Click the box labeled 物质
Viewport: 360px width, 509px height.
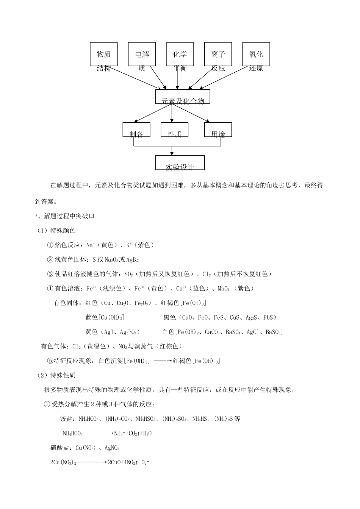click(103, 54)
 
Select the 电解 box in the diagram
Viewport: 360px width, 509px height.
click(142, 54)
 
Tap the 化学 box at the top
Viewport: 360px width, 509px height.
click(180, 54)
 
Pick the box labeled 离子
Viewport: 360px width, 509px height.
click(218, 54)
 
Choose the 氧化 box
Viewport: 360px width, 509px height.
click(256, 54)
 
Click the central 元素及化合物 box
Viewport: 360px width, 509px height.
click(183, 97)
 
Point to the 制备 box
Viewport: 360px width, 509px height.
click(136, 130)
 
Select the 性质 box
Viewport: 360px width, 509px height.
click(175, 130)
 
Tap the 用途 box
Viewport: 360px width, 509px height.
click(218, 130)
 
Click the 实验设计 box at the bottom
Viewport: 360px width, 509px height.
click(180, 163)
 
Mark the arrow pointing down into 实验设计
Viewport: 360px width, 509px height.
click(172, 151)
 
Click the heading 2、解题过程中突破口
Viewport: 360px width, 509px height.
click(64, 216)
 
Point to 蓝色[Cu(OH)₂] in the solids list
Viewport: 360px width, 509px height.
click(105, 317)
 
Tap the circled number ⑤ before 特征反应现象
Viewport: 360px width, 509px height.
click(50, 361)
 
